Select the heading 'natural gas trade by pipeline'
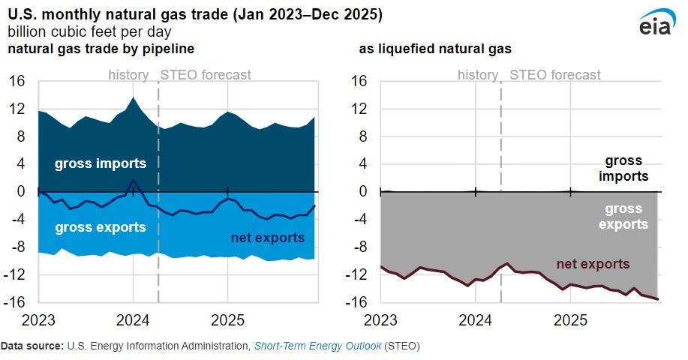[101, 49]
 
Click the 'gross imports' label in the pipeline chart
[100, 163]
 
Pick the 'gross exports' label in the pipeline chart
[100, 226]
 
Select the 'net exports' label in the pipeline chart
[268, 238]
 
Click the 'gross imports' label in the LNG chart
[623, 169]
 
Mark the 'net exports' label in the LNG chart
[593, 264]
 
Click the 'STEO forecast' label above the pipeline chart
[206, 75]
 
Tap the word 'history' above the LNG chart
[477, 75]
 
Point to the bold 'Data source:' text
[32, 346]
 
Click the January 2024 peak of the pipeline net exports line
[133, 180]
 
